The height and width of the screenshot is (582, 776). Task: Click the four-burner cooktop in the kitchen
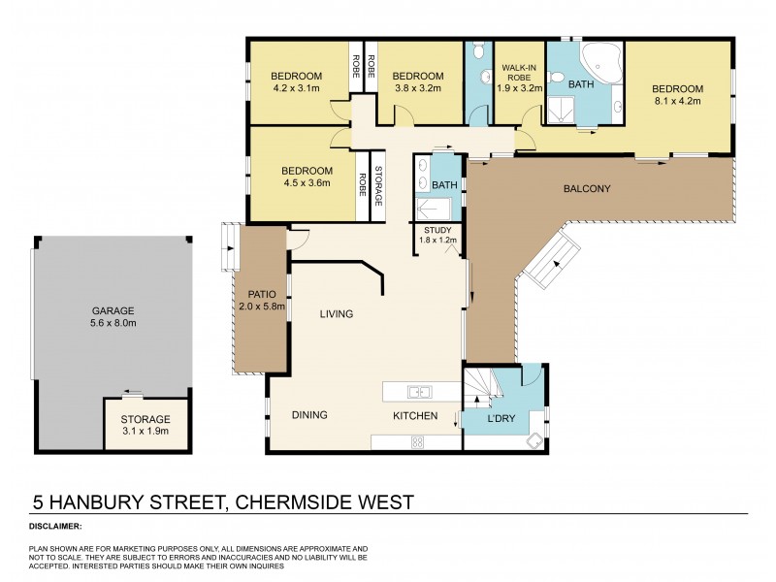(417, 441)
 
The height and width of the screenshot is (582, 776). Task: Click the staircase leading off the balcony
(545, 261)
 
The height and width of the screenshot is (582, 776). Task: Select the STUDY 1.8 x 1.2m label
(437, 235)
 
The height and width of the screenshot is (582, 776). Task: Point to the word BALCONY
(587, 188)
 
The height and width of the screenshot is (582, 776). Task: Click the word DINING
(309, 415)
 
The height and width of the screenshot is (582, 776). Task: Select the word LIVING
(337, 313)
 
